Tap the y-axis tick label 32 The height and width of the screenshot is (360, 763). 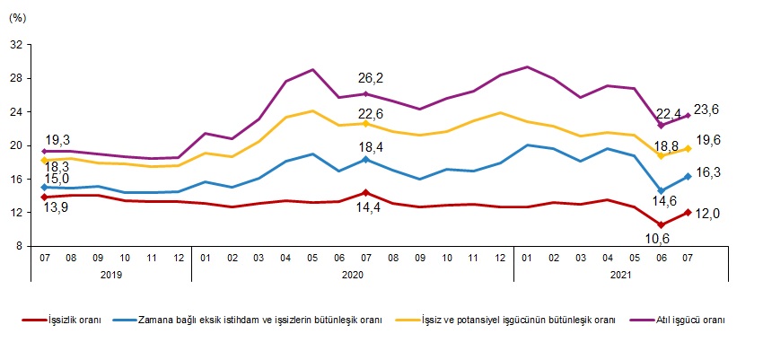click(x=16, y=45)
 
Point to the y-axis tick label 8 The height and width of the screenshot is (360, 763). click(x=19, y=246)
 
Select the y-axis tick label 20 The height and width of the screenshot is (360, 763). click(x=16, y=145)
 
